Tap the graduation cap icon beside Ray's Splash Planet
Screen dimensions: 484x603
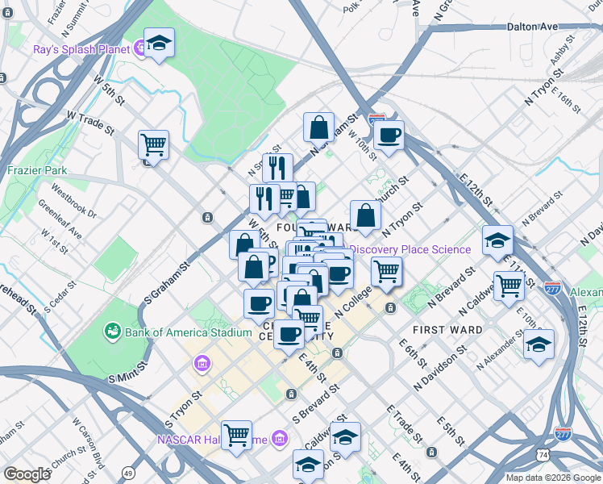(159, 45)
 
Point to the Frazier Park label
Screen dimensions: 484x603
(37, 171)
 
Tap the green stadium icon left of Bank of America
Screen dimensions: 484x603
(112, 331)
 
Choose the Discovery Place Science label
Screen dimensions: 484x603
(410, 249)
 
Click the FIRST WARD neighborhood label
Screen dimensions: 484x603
(447, 330)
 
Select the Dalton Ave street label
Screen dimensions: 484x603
(533, 27)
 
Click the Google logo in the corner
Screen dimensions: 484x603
(27, 474)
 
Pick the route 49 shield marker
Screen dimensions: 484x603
(129, 472)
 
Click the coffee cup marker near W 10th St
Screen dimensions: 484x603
(389, 136)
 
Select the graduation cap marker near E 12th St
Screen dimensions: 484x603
(497, 241)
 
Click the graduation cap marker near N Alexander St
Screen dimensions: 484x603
(539, 345)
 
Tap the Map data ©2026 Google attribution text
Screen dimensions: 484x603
(551, 478)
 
